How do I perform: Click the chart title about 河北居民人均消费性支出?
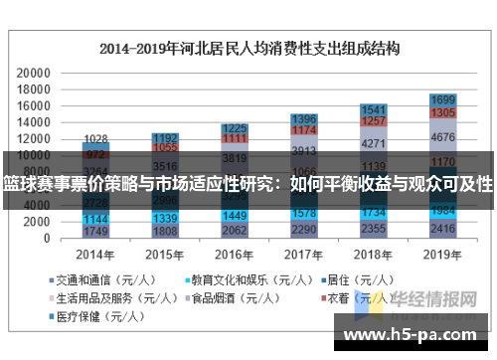248,47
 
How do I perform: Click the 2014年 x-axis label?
96,254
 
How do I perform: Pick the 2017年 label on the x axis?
304,254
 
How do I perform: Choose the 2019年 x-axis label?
443,254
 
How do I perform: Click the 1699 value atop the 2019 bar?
443,100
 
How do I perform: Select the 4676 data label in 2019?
443,138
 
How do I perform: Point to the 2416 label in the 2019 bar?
443,229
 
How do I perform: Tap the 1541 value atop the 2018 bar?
374,109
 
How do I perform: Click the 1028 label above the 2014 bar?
96,139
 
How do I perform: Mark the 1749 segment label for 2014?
96,232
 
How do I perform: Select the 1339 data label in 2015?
166,218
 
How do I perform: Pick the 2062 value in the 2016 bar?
235,230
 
